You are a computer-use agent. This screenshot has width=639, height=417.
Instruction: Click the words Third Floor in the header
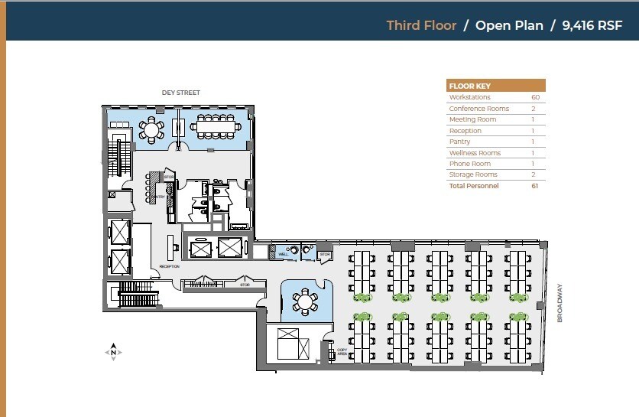[421, 25]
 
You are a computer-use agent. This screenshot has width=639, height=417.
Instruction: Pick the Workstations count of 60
[535, 97]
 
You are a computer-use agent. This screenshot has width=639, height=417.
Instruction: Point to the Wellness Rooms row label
[474, 153]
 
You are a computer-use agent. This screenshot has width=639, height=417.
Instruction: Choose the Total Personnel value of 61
[535, 186]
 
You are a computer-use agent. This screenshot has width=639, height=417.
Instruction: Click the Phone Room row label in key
[469, 164]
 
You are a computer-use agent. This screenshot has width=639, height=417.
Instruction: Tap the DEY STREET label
[180, 93]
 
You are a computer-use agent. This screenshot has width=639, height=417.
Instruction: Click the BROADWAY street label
[560, 304]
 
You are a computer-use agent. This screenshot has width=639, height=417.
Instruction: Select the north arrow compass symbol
[113, 352]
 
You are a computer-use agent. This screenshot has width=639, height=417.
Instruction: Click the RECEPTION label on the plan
[169, 266]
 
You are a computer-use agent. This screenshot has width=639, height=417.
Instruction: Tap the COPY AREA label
[342, 352]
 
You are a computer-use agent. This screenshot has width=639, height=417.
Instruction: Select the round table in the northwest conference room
[151, 130]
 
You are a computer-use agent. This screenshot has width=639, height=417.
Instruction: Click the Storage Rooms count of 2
[535, 174]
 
